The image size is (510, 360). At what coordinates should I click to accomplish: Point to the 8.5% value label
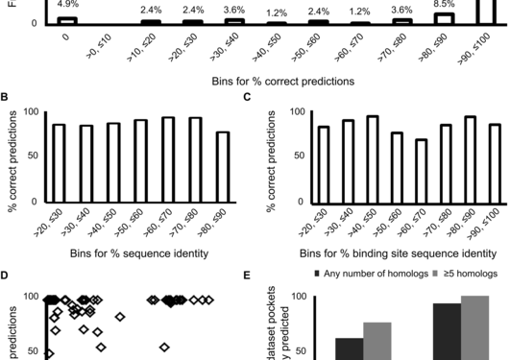pos(443,5)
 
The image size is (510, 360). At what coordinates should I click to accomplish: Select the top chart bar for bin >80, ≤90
pos(443,18)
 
